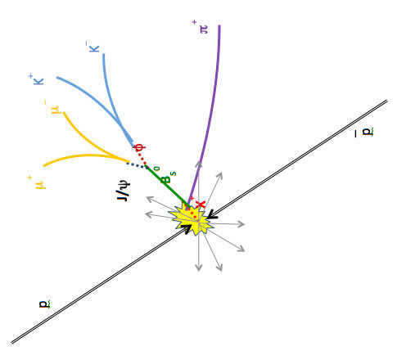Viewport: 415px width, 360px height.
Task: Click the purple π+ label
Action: [x=201, y=27]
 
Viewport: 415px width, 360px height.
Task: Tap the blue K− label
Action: [x=92, y=47]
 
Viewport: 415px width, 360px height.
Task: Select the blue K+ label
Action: [x=36, y=79]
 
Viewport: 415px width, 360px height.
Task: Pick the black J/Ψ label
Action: [x=124, y=191]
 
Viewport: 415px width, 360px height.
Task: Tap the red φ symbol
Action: [x=140, y=147]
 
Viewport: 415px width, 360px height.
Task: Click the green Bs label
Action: [x=165, y=175]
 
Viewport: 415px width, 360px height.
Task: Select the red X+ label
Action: [x=198, y=203]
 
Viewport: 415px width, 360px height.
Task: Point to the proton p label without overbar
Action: [x=45, y=304]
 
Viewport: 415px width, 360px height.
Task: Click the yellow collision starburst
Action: [x=192, y=219]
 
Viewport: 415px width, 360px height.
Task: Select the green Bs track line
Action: [x=168, y=187]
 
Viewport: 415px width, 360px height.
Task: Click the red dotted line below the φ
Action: [x=142, y=157]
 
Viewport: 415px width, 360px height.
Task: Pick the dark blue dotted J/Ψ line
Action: [x=137, y=165]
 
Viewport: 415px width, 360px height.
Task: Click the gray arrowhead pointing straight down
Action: [x=199, y=267]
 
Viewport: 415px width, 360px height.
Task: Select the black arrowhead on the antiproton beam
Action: [x=212, y=214]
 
